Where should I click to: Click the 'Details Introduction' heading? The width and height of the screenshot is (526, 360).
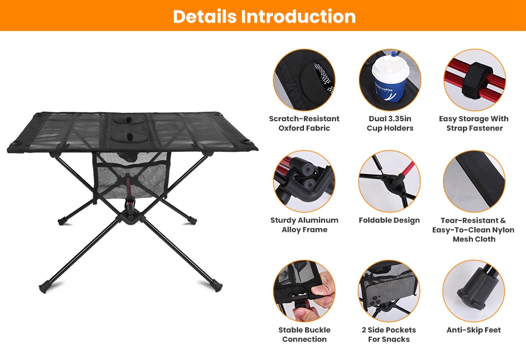[x=264, y=16]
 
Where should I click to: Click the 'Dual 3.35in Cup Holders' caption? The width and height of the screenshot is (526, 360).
[x=390, y=123]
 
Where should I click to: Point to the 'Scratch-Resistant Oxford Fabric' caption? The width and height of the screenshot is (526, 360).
[x=305, y=123]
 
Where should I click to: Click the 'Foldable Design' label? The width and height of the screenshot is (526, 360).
[x=389, y=220]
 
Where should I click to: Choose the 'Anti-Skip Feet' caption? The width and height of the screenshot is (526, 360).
[x=473, y=330]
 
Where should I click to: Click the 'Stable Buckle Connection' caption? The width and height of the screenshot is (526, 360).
[x=305, y=335]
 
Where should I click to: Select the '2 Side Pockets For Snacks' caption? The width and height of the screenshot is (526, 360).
[x=389, y=335]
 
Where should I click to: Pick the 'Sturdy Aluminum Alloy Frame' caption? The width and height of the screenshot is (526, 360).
[x=305, y=225]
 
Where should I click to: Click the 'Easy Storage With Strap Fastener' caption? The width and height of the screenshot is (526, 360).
[x=474, y=123]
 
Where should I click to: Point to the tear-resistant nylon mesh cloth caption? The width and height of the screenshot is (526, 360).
[x=473, y=229]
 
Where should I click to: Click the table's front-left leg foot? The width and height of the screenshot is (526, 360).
[x=43, y=288]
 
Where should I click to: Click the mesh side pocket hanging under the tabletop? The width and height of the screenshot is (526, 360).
[x=131, y=175]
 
